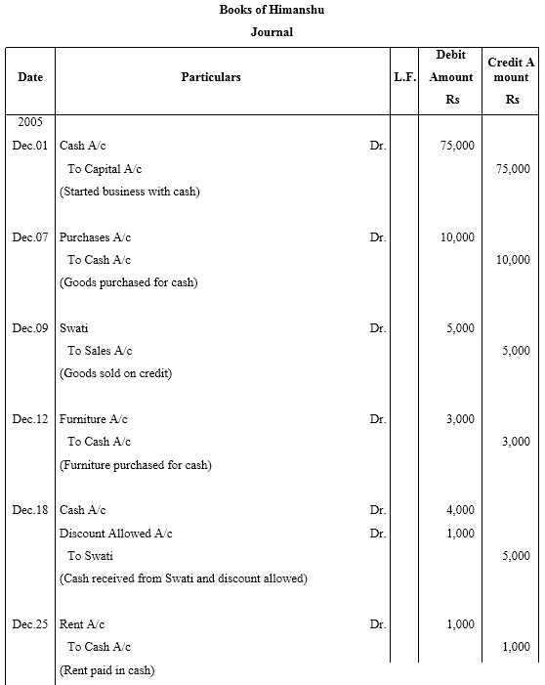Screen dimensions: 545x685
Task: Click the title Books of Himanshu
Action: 272,10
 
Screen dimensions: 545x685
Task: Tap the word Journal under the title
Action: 272,32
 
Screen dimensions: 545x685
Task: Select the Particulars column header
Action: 210,76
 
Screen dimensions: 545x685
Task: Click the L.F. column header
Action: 404,76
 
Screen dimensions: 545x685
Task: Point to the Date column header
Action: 29,76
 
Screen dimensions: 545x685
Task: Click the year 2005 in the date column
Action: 30,122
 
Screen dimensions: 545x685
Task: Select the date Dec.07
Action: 30,237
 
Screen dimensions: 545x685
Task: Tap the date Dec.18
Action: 30,510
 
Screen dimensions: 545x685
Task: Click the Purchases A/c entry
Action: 95,237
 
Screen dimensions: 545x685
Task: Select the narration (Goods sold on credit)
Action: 115,373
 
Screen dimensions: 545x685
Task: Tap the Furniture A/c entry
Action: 94,419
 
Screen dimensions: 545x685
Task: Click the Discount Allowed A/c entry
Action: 115,534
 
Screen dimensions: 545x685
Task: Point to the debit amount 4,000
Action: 460,510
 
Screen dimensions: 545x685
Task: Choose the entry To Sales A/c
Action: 100,351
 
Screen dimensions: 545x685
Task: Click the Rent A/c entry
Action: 82,624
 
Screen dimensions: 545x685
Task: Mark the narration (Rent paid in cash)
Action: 106,670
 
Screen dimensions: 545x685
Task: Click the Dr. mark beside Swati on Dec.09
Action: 378,328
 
